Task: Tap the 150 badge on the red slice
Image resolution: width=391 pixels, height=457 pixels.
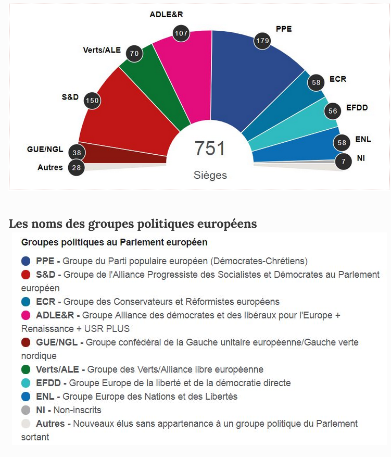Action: [x=92, y=101]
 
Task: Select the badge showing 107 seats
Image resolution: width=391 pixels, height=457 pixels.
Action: [x=181, y=33]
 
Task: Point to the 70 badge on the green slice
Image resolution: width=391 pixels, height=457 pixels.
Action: [x=134, y=53]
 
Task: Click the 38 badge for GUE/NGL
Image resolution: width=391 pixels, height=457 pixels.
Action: [x=77, y=153]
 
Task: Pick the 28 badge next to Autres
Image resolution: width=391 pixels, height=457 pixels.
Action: [x=77, y=168]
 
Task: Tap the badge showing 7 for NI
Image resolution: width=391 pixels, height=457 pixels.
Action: [x=343, y=161]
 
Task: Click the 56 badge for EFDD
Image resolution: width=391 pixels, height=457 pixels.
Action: [x=333, y=111]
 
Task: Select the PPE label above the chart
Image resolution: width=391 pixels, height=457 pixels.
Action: [x=283, y=29]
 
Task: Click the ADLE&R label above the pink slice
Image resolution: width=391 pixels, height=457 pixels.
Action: [x=166, y=15]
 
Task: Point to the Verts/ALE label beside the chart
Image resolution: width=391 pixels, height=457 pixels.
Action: [x=102, y=50]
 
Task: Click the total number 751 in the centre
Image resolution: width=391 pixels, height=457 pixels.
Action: [x=210, y=149]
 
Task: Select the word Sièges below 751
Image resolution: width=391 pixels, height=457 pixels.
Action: [x=210, y=175]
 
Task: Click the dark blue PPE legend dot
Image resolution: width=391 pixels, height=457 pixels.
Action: [x=26, y=261]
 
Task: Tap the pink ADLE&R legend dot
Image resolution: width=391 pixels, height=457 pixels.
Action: [x=26, y=315]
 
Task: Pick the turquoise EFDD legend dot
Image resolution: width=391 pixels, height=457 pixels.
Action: [x=26, y=383]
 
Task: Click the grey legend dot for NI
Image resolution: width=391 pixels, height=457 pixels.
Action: [x=26, y=410]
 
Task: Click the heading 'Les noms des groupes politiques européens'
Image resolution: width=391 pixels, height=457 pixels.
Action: [x=133, y=224]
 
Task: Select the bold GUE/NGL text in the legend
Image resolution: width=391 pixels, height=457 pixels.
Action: [x=57, y=342]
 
